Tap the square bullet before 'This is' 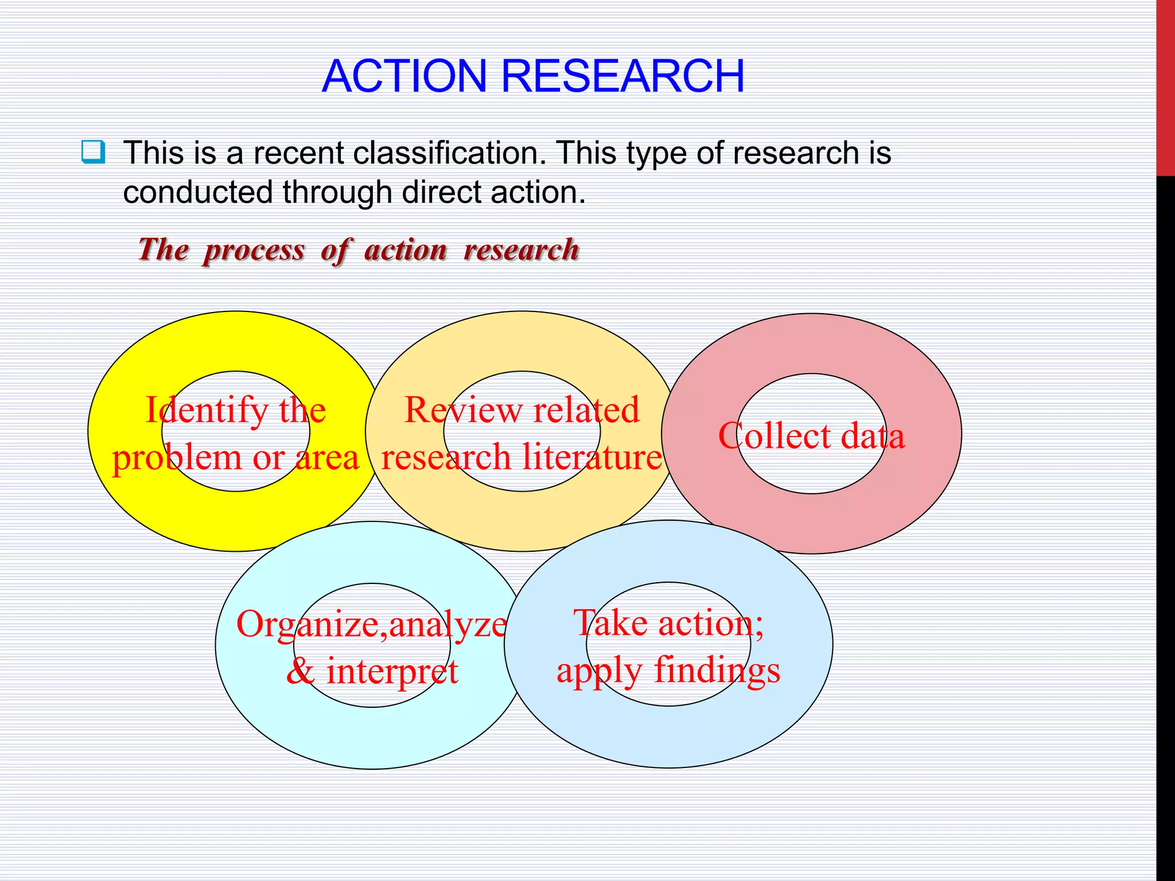point(93,152)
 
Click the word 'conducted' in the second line point(197,192)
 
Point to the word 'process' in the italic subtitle point(254,251)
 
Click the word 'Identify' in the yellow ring point(207,411)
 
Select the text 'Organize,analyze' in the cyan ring point(371,625)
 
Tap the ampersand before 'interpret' point(301,671)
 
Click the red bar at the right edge point(1165,86)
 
